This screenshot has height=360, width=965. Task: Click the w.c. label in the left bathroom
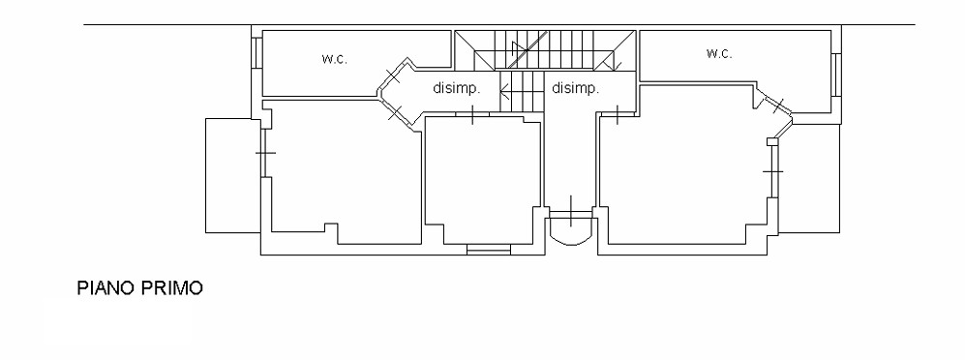coord(334,59)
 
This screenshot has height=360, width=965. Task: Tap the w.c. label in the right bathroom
coord(719,53)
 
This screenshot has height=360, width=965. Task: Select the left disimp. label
coord(456,89)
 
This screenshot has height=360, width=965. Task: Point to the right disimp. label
coord(576,89)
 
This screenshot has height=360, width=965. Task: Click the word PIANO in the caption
coord(106,288)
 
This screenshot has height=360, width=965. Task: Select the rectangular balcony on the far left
coord(233,175)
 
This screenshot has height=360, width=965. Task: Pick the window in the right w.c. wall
coord(835,75)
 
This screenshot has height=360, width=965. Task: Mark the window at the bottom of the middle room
coord(489,249)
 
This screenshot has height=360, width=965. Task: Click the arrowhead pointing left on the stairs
coord(504,94)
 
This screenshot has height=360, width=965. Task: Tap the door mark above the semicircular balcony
coord(571,211)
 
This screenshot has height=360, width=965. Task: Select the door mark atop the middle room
coord(472,114)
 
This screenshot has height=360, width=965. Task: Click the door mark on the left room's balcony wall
coord(265,152)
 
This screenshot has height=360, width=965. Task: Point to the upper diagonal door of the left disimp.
coord(392,76)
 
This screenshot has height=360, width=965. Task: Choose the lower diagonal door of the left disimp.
coord(395,112)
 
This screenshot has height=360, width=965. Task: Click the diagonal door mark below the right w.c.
coord(778,105)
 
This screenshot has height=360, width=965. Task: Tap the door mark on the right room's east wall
coord(773,170)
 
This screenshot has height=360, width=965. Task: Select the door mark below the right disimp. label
coord(617,114)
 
